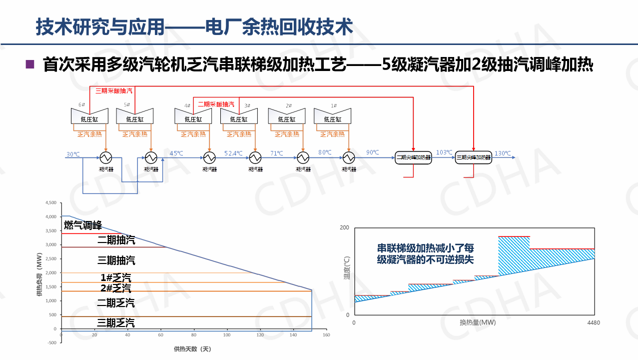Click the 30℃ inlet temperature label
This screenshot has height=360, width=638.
73,154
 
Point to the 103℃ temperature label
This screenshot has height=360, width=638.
444,152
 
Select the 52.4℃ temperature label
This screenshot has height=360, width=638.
233,153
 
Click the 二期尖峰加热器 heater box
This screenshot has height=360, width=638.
413,157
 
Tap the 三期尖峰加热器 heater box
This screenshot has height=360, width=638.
474,157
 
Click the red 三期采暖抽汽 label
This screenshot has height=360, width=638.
114,91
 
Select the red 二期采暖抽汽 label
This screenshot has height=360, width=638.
216,104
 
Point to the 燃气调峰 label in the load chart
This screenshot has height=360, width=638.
83,226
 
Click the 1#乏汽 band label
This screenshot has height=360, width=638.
116,278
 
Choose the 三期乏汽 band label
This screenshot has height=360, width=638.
116,323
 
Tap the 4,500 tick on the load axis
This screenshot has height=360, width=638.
51,203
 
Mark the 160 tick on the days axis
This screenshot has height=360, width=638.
326,335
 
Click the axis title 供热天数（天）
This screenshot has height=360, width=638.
193,348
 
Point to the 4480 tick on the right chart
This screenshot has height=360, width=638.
594,322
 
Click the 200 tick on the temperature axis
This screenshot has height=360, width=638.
344,228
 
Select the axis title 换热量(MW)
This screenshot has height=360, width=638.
478,322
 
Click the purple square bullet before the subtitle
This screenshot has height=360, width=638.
30,64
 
